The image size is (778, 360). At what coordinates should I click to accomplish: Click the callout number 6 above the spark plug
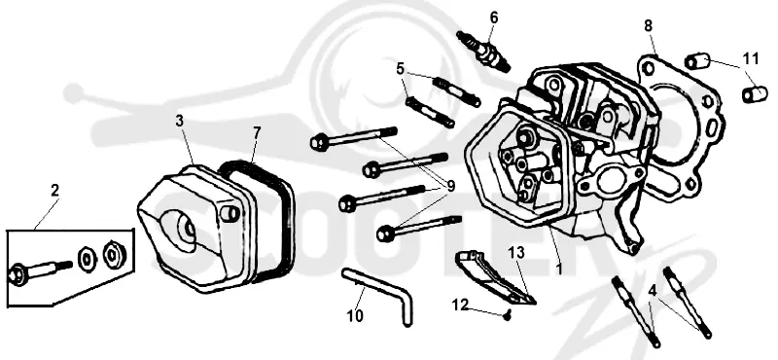[494, 18]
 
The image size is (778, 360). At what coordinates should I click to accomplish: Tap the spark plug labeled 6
[483, 52]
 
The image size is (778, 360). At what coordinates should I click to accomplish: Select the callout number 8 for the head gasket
[649, 26]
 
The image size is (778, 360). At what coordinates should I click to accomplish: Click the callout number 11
[751, 58]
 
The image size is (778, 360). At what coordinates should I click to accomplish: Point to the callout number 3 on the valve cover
[180, 121]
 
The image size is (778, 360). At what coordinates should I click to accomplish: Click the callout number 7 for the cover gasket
[257, 132]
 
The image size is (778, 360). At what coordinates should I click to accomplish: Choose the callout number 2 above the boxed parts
[54, 190]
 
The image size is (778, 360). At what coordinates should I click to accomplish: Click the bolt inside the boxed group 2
[40, 270]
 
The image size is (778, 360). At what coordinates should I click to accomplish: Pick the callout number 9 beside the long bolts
[450, 186]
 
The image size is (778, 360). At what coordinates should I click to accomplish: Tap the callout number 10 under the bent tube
[355, 316]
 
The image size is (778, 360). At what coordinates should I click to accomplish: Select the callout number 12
[461, 305]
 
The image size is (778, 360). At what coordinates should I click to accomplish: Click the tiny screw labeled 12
[507, 314]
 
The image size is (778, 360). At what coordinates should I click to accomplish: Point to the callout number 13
[516, 253]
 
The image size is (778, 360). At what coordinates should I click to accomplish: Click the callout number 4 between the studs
[653, 291]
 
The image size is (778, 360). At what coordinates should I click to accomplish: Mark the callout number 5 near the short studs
[401, 68]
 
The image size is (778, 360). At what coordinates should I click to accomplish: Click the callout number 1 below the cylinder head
[559, 270]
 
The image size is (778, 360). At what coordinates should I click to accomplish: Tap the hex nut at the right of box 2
[114, 254]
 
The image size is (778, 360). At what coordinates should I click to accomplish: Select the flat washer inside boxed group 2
[87, 258]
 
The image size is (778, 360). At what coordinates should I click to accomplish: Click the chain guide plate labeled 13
[495, 276]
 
